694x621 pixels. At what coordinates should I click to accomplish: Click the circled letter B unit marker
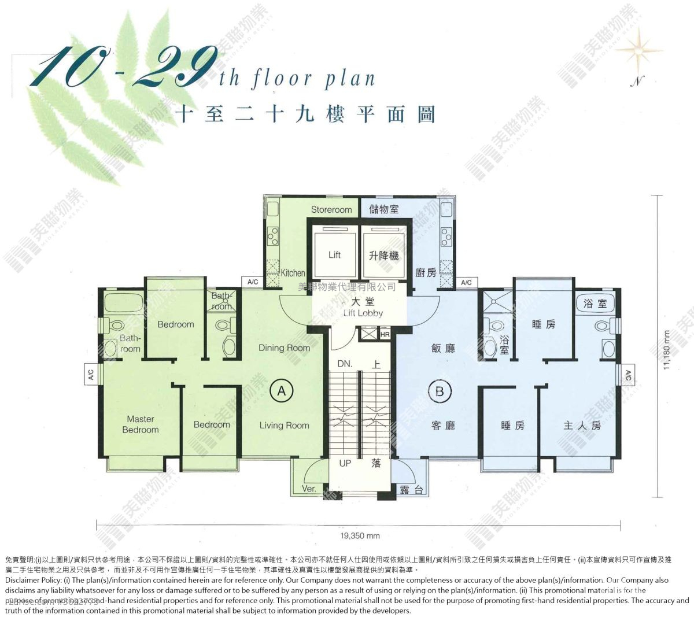[x=440, y=391]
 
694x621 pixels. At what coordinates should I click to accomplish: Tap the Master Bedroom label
[x=141, y=424]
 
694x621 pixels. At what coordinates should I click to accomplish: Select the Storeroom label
[x=331, y=209]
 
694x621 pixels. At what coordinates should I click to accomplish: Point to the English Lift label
[x=334, y=254]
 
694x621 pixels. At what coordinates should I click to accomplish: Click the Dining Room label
[x=284, y=348]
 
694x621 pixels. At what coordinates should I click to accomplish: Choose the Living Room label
[x=284, y=425]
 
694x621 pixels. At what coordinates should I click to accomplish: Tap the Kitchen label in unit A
[x=293, y=273]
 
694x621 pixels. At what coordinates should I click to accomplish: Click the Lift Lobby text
[x=363, y=313]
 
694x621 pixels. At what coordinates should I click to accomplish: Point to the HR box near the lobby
[x=385, y=334]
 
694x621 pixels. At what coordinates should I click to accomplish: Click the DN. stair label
[x=345, y=364]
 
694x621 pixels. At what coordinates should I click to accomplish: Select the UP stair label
[x=345, y=463]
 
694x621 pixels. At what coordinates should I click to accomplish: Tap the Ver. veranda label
[x=309, y=489]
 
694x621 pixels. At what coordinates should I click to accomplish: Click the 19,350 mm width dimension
[x=360, y=536]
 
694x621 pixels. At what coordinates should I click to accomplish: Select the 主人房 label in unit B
[x=582, y=425]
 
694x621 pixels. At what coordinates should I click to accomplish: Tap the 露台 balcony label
[x=411, y=490]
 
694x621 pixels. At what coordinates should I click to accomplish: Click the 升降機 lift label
[x=383, y=255]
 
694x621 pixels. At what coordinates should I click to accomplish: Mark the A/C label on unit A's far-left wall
[x=91, y=374]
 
